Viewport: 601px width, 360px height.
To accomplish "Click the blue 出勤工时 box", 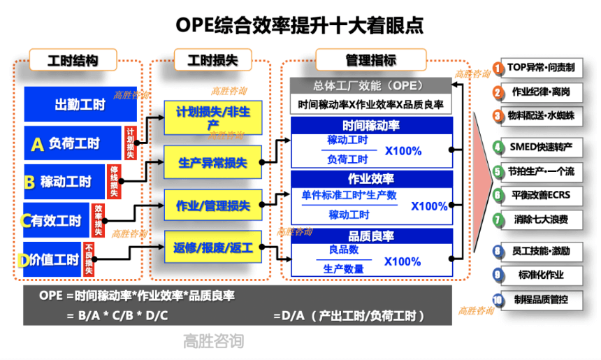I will (80, 105).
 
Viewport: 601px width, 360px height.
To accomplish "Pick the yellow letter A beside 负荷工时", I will (38, 145).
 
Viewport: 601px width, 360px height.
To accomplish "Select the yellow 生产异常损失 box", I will (214, 163).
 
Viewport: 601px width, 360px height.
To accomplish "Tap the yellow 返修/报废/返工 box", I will (214, 247).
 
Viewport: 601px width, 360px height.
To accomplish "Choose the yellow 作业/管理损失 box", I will (214, 206).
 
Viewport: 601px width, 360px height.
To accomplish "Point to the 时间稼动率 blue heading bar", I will (371, 126).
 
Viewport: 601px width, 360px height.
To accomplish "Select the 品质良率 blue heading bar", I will (371, 236).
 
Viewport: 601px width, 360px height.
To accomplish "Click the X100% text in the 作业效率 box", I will (428, 206).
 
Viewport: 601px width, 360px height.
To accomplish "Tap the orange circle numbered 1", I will (498, 69).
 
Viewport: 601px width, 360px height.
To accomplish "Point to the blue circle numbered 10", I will (498, 301).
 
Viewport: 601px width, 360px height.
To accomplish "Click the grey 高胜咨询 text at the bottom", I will (213, 342).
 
